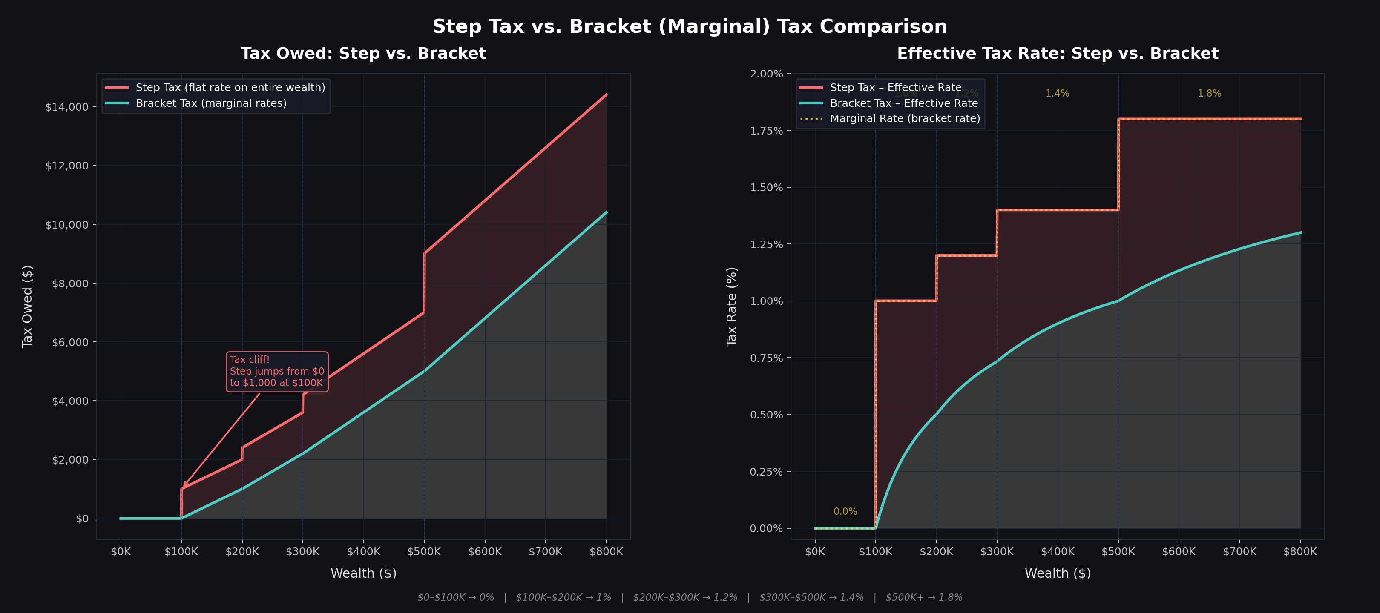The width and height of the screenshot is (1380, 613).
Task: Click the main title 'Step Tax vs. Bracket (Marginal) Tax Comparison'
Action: click(x=690, y=26)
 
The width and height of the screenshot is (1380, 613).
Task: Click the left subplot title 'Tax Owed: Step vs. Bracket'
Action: click(x=363, y=54)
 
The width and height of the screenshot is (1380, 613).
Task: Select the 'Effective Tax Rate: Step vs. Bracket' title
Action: click(x=1058, y=54)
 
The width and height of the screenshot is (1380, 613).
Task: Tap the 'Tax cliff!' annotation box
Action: click(x=277, y=372)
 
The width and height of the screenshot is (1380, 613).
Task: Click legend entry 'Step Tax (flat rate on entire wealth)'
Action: click(x=230, y=87)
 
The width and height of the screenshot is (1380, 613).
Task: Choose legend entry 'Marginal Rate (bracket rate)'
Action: click(x=905, y=119)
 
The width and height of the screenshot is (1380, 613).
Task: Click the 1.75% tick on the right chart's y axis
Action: click(x=766, y=131)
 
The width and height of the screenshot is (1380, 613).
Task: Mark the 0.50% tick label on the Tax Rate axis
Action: click(x=766, y=415)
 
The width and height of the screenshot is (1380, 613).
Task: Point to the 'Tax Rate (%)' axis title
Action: click(x=731, y=307)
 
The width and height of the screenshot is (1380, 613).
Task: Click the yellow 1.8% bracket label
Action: click(x=1209, y=94)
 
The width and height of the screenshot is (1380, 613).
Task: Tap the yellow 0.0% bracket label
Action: click(x=845, y=512)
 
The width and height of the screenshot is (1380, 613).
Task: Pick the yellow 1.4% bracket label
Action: click(x=1057, y=94)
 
